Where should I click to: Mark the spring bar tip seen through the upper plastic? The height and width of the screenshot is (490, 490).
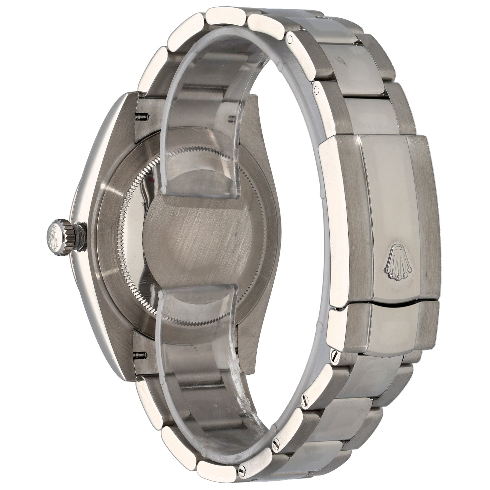tap(233, 119)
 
